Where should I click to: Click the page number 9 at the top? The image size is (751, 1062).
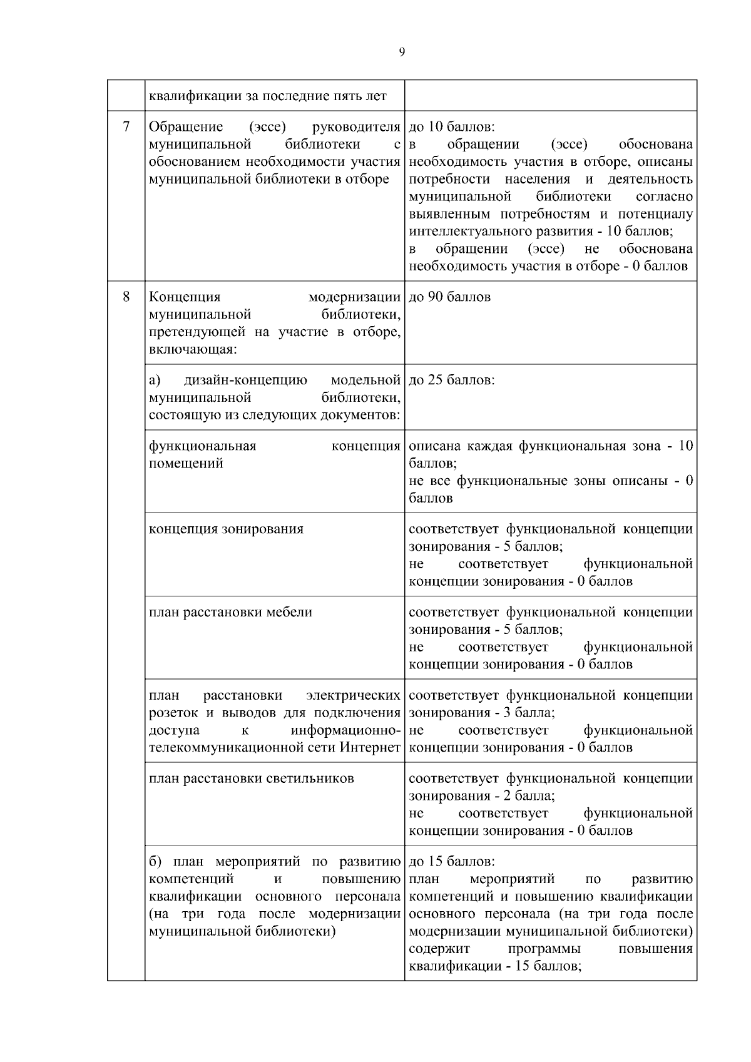pos(402,53)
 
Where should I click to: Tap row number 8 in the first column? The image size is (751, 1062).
pos(126,297)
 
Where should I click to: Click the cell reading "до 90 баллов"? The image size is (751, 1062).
pos(449,297)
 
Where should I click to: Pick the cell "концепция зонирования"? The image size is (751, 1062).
pos(226,529)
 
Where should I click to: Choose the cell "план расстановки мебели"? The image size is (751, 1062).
pos(230,612)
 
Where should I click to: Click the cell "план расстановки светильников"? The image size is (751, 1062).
pos(251,779)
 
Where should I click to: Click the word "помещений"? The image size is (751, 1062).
pos(186,464)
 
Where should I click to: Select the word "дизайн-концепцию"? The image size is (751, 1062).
pos(245,380)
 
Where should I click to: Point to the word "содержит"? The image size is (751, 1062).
pos(439,949)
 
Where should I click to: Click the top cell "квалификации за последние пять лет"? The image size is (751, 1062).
pos(267,96)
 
